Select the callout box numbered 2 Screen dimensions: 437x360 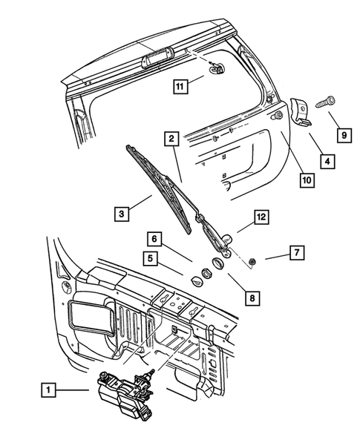pos(171,138)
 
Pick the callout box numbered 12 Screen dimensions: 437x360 pos(260,217)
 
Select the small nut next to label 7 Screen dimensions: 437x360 pos(253,260)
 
